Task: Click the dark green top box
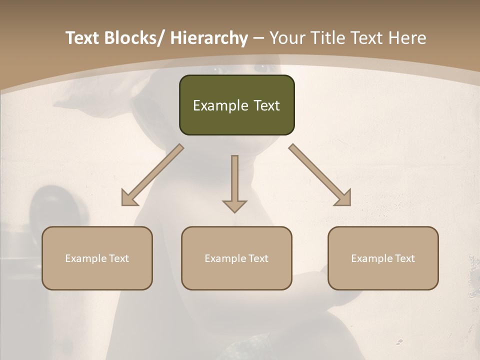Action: coord(236,105)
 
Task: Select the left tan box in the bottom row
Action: coord(97,258)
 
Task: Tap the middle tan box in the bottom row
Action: coord(236,258)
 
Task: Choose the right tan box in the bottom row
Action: coord(383,258)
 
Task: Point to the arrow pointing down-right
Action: coord(320,175)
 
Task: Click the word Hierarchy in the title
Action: coord(209,38)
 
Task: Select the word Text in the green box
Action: coord(266,105)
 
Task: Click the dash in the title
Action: coord(258,38)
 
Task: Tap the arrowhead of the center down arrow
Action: coord(234,205)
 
